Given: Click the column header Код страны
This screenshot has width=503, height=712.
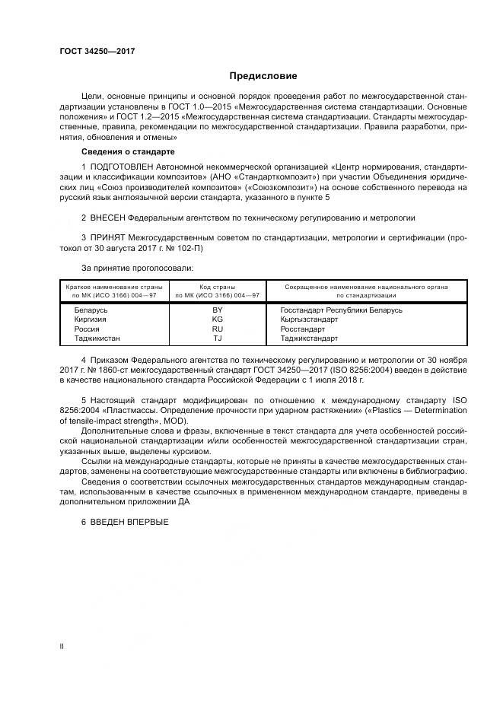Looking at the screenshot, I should pos(218,287).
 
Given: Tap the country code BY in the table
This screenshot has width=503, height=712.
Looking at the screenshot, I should pos(218,310).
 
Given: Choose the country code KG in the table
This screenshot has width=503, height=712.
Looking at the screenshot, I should pos(218,319).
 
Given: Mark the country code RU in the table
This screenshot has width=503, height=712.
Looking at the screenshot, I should pos(218,329).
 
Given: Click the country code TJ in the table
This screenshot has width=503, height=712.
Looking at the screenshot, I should pos(218,338).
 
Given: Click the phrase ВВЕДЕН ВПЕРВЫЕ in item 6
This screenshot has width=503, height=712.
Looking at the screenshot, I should pos(129,521).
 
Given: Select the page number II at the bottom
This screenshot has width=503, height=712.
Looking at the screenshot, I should pos(62,647).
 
